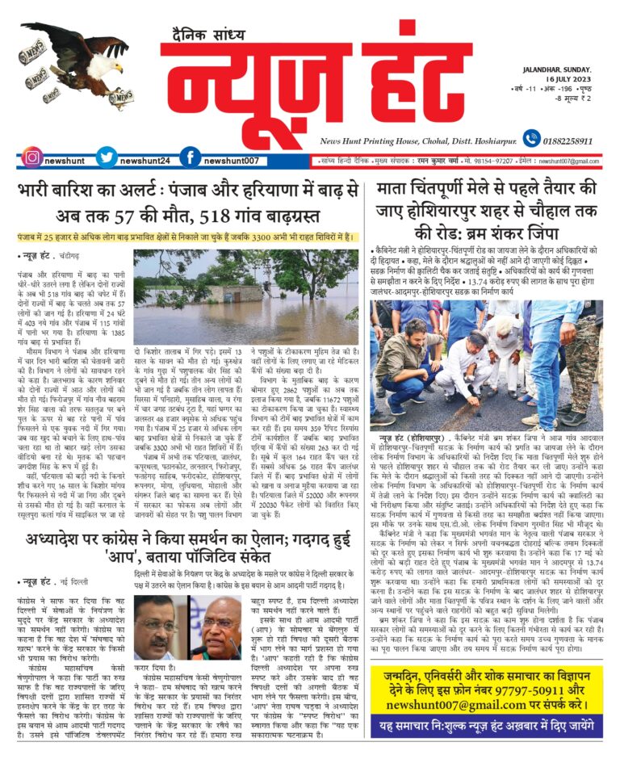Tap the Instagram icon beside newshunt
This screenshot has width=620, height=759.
[31, 157]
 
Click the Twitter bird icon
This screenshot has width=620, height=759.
[107, 157]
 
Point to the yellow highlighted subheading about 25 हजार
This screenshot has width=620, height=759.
[186, 237]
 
